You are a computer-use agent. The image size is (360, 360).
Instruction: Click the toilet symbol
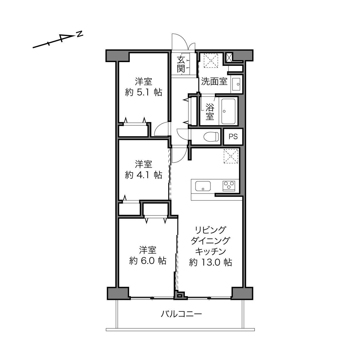[211, 137]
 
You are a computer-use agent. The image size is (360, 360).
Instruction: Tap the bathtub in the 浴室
[228, 111]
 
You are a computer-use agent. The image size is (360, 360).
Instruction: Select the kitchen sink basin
[203, 186]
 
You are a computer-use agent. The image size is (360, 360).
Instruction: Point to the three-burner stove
[229, 186]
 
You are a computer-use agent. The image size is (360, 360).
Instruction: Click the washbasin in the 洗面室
[236, 84]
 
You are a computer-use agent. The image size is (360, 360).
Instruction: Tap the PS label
[233, 137]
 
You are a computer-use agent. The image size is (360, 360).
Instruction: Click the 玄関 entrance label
[181, 64]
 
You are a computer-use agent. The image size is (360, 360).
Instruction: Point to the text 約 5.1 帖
[143, 92]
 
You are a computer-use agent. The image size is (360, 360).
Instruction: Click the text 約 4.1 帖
[143, 175]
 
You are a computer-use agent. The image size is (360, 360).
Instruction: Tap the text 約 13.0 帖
[210, 262]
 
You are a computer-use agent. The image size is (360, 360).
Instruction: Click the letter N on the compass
[79, 34]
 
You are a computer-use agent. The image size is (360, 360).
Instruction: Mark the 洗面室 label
[214, 82]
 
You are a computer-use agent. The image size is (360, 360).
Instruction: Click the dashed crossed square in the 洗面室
[211, 61]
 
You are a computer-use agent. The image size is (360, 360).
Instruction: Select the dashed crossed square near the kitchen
[231, 156]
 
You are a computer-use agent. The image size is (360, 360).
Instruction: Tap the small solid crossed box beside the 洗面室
[229, 58]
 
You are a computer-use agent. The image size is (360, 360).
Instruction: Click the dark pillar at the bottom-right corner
[242, 293]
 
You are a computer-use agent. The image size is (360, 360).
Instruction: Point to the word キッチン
[210, 252]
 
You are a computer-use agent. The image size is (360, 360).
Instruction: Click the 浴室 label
[210, 112]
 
